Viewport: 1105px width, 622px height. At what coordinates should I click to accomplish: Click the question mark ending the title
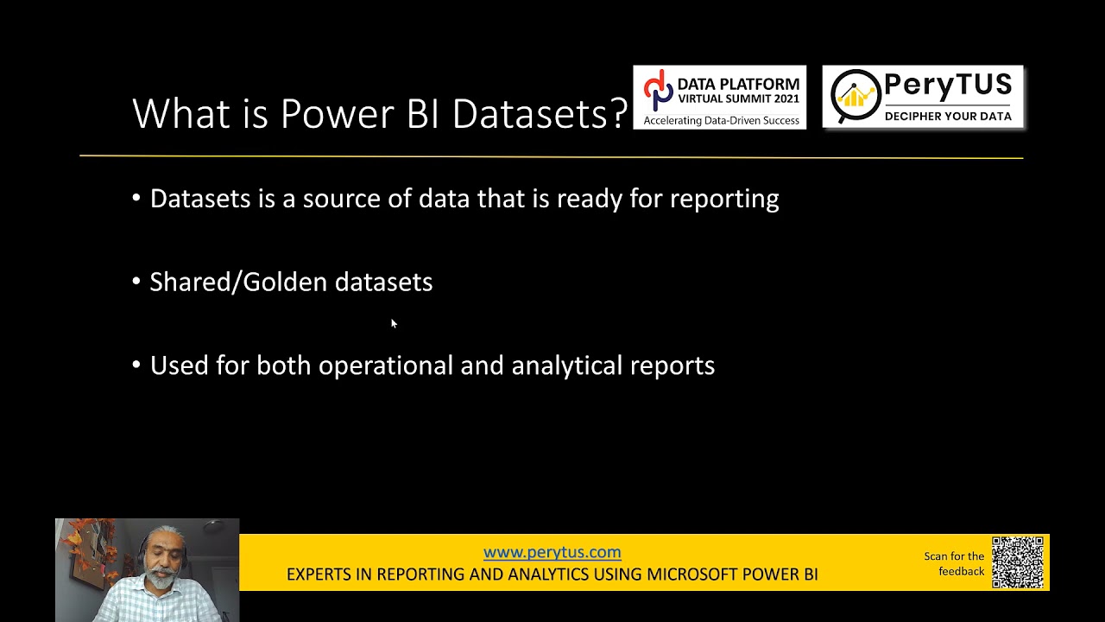[x=618, y=114]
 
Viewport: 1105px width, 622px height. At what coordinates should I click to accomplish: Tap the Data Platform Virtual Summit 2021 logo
[x=719, y=98]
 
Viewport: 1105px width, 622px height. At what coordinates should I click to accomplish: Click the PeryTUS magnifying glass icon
[x=856, y=98]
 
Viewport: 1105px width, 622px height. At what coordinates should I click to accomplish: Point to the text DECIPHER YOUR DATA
[x=948, y=117]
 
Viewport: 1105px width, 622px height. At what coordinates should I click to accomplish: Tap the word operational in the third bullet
[x=385, y=366]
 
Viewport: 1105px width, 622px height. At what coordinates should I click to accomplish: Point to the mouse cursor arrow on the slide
[x=394, y=323]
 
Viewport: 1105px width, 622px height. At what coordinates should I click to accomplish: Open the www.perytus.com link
[x=552, y=552]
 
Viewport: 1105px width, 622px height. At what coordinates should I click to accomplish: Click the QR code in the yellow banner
[x=1018, y=562]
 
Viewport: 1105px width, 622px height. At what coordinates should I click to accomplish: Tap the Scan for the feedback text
[x=954, y=563]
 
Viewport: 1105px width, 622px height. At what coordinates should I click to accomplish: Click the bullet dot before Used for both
[x=136, y=365]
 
